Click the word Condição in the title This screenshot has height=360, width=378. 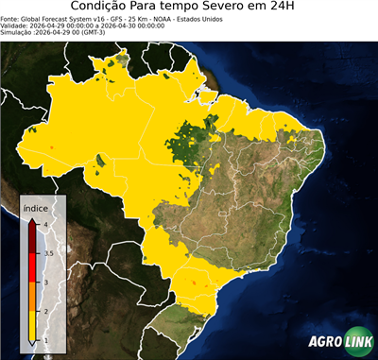pos(102,9)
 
